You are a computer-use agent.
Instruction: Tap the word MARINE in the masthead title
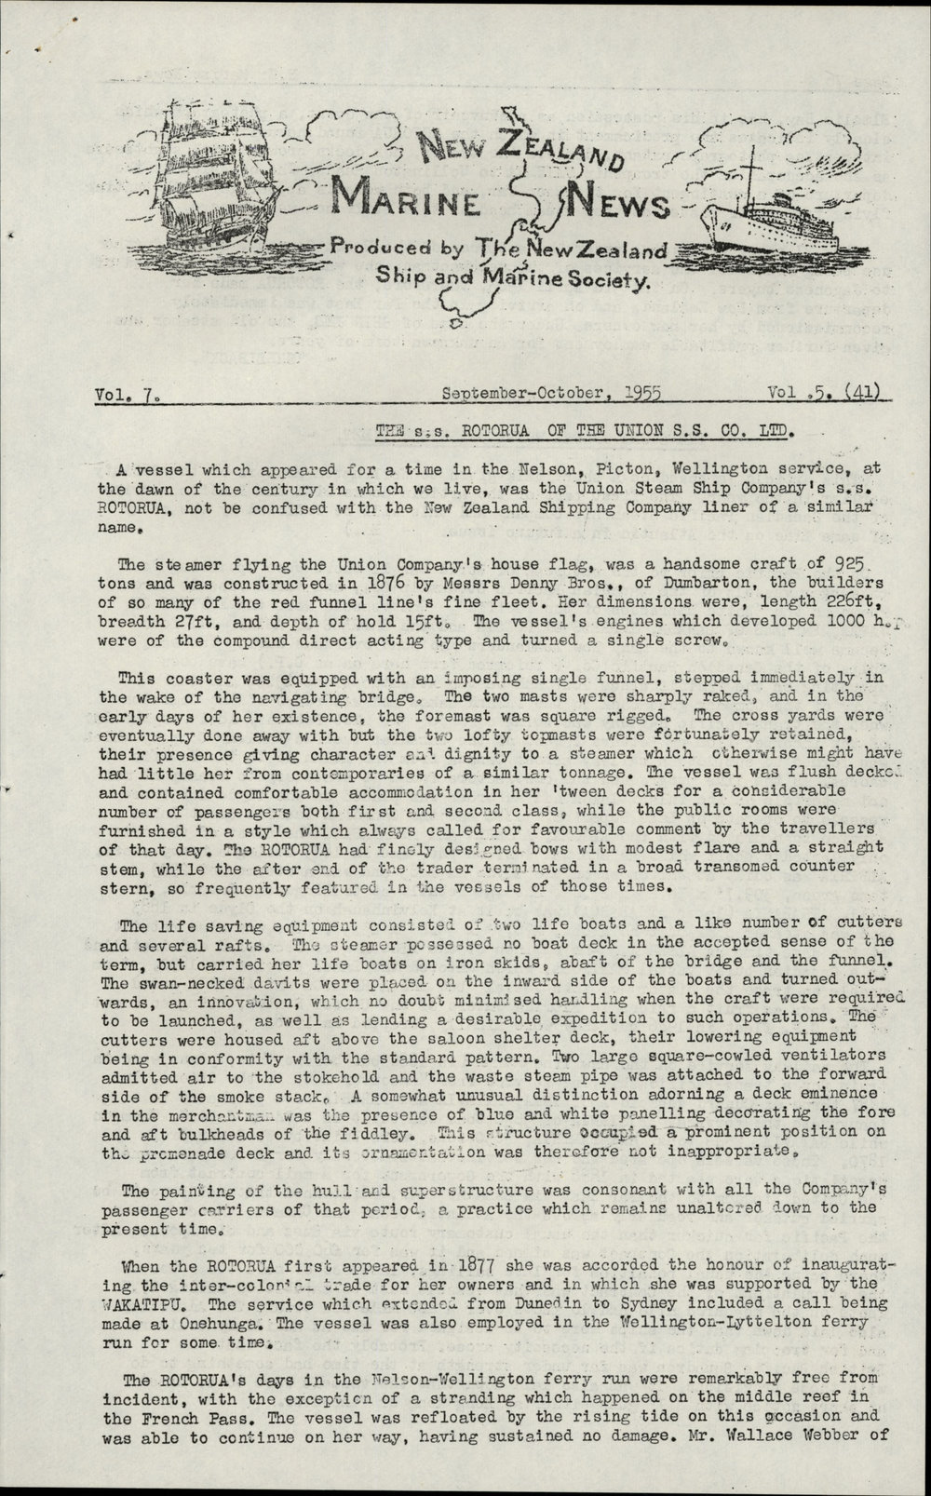click(x=406, y=198)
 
